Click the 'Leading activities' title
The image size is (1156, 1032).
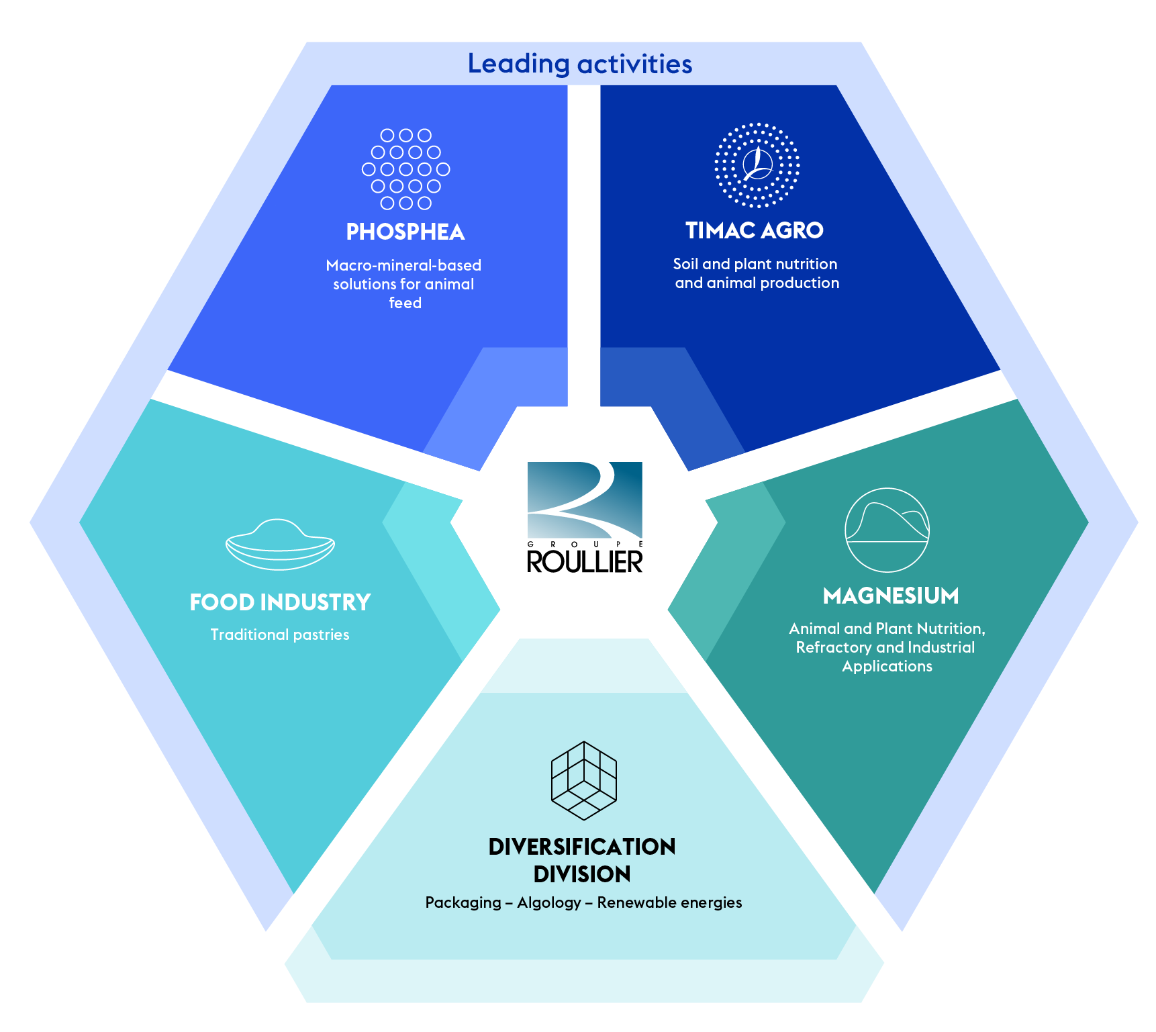point(579,64)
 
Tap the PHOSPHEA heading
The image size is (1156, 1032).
point(405,232)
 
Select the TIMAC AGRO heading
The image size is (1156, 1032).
point(754,230)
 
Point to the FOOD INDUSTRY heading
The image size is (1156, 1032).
point(280,602)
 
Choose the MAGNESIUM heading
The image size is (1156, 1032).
point(891,596)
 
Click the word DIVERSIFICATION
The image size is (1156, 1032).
point(582,847)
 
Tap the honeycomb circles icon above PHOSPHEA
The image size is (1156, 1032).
point(405,169)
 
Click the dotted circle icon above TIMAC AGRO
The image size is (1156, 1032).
point(757,165)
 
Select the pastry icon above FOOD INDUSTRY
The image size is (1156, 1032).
point(280,545)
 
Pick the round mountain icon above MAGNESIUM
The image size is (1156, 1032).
point(887,530)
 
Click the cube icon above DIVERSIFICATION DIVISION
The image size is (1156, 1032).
point(583,780)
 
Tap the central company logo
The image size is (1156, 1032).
point(585,500)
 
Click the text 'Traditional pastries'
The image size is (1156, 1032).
point(280,635)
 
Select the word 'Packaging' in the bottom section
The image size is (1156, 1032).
point(463,902)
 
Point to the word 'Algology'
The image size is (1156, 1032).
point(549,902)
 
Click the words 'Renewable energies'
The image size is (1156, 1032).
point(669,902)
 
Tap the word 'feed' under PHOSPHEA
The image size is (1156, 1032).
point(405,303)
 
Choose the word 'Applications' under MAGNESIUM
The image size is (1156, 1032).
point(887,666)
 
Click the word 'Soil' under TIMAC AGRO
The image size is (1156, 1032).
point(685,264)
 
